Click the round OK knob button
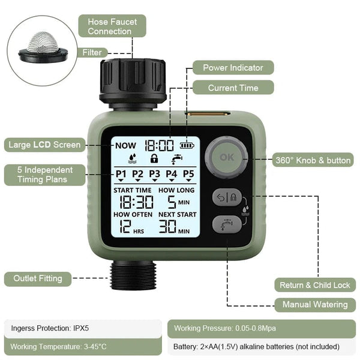pos(226,158)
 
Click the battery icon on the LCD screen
pos(188,145)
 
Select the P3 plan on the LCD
pos(155,174)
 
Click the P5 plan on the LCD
pos(188,174)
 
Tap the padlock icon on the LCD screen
pos(154,160)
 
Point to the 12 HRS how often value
pos(126,226)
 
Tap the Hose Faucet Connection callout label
pos(112,26)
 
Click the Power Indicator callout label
pos(232,68)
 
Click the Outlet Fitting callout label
pos(38,278)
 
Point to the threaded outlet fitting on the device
pos(133,274)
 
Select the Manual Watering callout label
pos(314,305)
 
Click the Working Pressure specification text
pos(225,328)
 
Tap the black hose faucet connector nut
pos(133,78)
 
